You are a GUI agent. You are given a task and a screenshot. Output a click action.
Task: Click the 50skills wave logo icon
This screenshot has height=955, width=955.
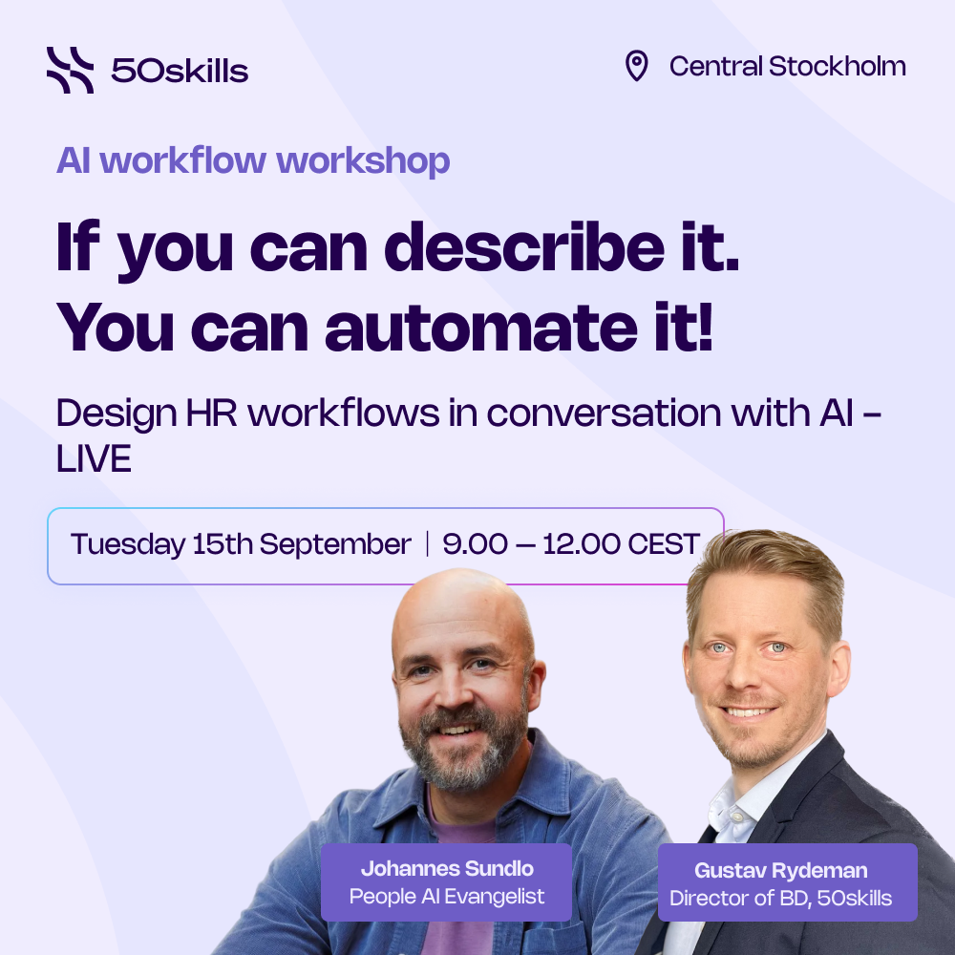[x=70, y=70]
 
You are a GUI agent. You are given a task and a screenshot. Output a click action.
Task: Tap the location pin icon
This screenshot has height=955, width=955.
[x=636, y=66]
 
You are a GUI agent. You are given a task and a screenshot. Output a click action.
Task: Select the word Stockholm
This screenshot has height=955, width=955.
[x=838, y=66]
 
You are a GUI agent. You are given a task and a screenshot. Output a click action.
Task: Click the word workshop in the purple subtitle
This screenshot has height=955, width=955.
[x=363, y=161]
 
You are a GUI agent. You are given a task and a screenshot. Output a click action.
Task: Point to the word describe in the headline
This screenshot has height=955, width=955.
[x=524, y=247]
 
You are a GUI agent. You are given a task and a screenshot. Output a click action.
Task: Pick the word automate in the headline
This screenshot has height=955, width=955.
[x=481, y=328]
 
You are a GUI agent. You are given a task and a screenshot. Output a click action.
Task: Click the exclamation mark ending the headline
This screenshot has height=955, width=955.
[x=706, y=327]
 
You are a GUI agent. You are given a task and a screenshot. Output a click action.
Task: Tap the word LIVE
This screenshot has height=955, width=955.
[x=94, y=458]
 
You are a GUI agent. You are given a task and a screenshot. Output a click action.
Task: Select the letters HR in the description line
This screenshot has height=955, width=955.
[x=211, y=413]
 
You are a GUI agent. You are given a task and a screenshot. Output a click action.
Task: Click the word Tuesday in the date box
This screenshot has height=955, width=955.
[x=128, y=544]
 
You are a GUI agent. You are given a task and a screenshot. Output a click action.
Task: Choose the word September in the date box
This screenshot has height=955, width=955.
[x=335, y=544]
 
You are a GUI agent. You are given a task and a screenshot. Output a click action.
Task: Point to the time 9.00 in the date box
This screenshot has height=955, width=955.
[x=475, y=544]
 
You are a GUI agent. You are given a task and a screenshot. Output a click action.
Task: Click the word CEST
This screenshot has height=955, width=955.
[x=664, y=544]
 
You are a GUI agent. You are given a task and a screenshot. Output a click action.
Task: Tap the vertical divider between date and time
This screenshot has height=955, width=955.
[x=428, y=543]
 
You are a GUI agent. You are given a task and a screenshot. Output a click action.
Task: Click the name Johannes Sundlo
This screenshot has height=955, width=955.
[x=447, y=868]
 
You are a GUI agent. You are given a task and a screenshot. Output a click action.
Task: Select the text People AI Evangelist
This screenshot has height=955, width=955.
[x=447, y=897]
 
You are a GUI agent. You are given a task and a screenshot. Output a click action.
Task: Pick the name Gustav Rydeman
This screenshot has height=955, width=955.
[x=781, y=870]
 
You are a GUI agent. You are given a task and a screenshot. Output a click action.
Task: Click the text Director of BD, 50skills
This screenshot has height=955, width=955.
[x=781, y=899]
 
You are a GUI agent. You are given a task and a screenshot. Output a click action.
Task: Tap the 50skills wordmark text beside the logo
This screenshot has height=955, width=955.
[x=180, y=71]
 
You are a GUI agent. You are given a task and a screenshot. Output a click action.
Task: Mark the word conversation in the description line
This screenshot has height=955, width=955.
[x=605, y=413]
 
